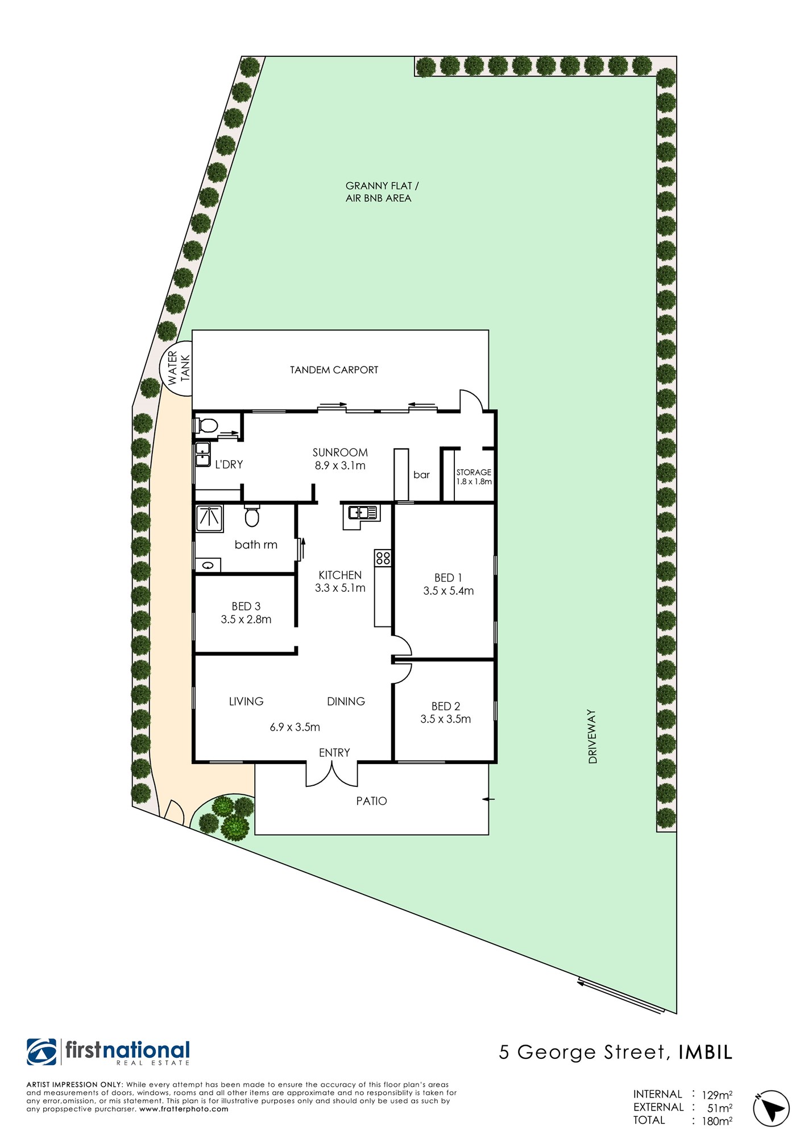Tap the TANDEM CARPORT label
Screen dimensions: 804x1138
(334, 370)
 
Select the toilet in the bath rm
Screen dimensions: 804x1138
(252, 516)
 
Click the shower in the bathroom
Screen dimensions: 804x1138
(210, 518)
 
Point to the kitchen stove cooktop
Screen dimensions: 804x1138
(383, 558)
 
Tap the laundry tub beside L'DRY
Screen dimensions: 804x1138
(203, 455)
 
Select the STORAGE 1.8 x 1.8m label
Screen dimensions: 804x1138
(474, 477)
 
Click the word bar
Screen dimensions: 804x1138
(421, 475)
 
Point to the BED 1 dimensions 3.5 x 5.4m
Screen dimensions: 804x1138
(449, 591)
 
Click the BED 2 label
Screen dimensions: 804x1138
(446, 706)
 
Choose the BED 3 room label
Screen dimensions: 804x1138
(246, 607)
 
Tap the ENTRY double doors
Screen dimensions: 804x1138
(332, 774)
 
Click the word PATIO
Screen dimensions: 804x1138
(372, 801)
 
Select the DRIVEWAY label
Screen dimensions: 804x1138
(593, 736)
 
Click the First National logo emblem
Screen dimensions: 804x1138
(42, 1052)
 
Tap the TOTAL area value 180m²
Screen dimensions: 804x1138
(717, 1121)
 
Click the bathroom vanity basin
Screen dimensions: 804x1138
(208, 566)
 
